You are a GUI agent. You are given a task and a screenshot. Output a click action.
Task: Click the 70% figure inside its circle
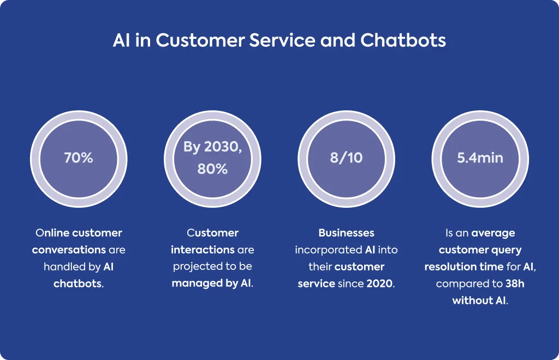click(x=79, y=158)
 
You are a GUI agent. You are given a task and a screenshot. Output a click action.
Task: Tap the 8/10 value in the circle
click(x=346, y=158)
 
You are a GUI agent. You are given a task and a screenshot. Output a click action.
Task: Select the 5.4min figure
click(x=480, y=158)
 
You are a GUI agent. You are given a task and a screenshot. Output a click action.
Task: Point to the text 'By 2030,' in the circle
click(x=212, y=147)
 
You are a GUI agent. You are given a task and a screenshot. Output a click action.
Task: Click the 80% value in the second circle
click(x=212, y=169)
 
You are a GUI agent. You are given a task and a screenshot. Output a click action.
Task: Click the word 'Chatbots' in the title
click(x=403, y=40)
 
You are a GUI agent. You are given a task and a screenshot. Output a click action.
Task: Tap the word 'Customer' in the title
click(x=200, y=40)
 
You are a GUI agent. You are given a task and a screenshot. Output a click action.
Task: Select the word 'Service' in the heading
click(x=282, y=40)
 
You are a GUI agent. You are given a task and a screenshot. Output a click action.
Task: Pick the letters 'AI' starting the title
click(x=122, y=40)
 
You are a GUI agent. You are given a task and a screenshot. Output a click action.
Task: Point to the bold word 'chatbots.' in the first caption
click(x=79, y=284)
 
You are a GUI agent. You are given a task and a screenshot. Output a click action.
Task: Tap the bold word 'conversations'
click(x=69, y=250)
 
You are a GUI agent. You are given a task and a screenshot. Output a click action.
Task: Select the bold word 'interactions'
click(x=203, y=250)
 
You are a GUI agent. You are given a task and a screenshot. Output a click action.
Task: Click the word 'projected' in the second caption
click(x=194, y=267)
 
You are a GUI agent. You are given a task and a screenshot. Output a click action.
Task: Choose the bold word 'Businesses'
click(x=346, y=233)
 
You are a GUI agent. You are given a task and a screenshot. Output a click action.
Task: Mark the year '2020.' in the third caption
click(x=380, y=284)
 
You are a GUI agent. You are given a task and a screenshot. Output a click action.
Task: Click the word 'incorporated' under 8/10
click(x=328, y=250)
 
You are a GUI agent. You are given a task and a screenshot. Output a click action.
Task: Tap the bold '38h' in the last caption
click(x=515, y=284)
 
